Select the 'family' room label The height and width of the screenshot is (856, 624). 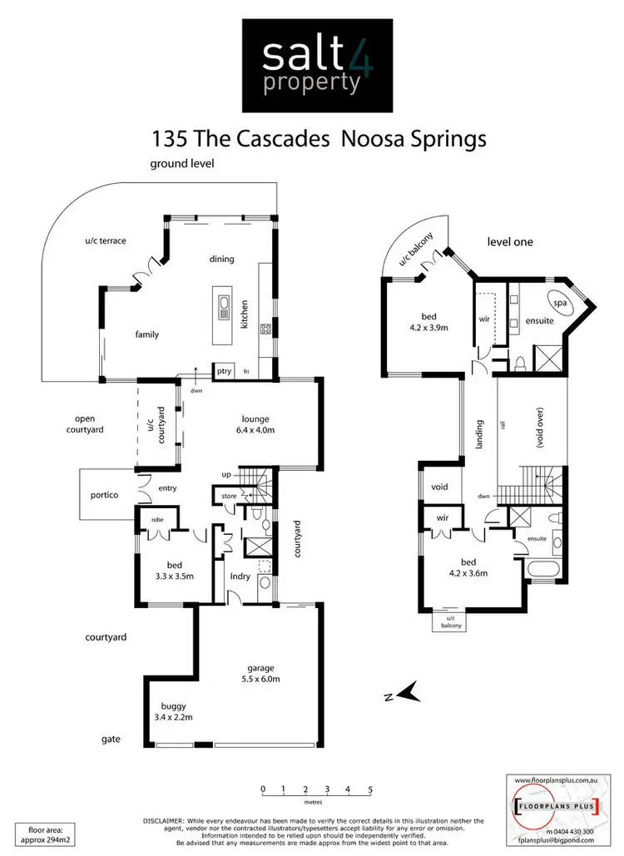146,334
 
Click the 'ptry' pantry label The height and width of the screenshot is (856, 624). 222,371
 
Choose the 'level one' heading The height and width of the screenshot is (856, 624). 510,242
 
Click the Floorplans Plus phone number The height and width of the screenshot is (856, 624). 567,831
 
